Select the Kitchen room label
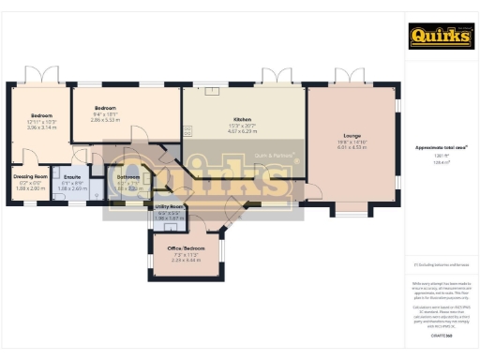pyautogui.click(x=244, y=121)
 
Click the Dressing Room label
pyautogui.click(x=32, y=175)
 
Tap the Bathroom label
pyautogui.click(x=128, y=176)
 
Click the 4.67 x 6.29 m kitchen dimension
pyautogui.click(x=244, y=132)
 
